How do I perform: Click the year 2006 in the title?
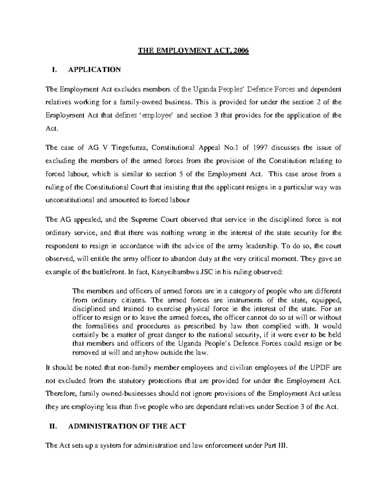(243, 51)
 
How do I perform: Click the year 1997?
(260, 148)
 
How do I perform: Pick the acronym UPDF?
(318, 367)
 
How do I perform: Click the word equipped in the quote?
(326, 300)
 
